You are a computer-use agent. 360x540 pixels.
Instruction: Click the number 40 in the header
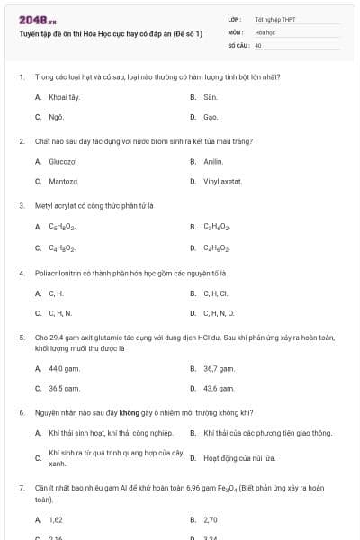click(x=258, y=44)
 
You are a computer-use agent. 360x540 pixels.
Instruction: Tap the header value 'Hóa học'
click(x=265, y=31)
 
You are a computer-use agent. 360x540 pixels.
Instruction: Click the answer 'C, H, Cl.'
click(x=216, y=292)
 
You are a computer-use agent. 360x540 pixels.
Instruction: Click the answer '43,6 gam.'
click(x=219, y=388)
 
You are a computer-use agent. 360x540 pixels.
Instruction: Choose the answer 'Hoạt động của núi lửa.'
click(x=233, y=458)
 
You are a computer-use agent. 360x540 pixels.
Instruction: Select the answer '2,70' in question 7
click(x=211, y=519)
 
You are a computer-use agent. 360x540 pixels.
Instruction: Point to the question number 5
click(x=21, y=337)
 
